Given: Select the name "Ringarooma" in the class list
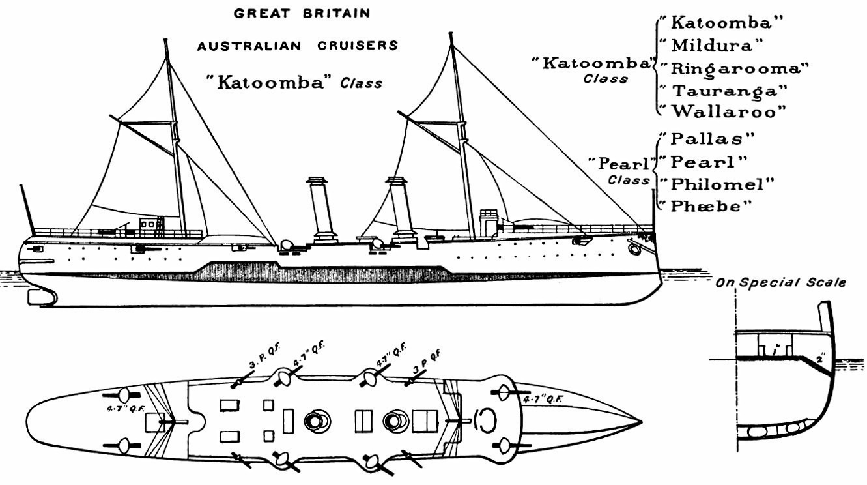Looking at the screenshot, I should [733, 68].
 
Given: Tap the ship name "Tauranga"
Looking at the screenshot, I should [722, 89].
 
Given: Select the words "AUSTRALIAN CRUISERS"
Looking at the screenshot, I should [298, 46].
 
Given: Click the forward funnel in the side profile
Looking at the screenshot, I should [399, 205].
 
